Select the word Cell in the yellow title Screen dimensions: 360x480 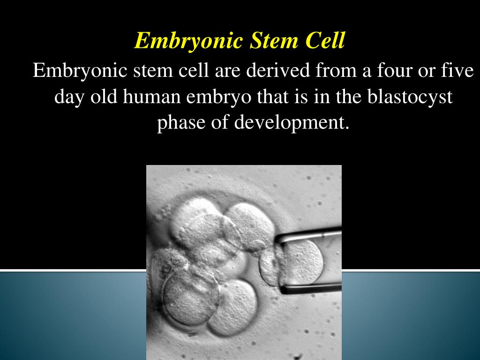pyautogui.click(x=325, y=41)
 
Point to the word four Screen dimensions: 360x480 pyautogui.click(x=381, y=71)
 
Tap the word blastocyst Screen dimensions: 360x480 pyautogui.click(x=410, y=97)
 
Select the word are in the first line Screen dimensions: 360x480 pyautogui.click(x=228, y=72)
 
